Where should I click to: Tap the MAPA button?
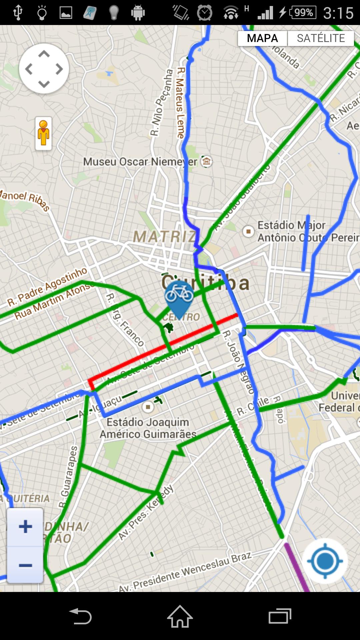[x=262, y=38]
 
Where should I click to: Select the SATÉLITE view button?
[x=321, y=38]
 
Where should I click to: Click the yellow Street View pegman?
[x=44, y=133]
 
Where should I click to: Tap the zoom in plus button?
[x=25, y=527]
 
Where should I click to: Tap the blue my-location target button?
[x=325, y=561]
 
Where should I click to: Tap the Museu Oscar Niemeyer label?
[x=140, y=162]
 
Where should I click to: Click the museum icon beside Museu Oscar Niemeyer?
[x=207, y=162]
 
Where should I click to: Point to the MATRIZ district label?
[x=164, y=237]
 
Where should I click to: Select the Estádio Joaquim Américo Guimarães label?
[x=148, y=428]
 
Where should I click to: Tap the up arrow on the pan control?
[x=44, y=54]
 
